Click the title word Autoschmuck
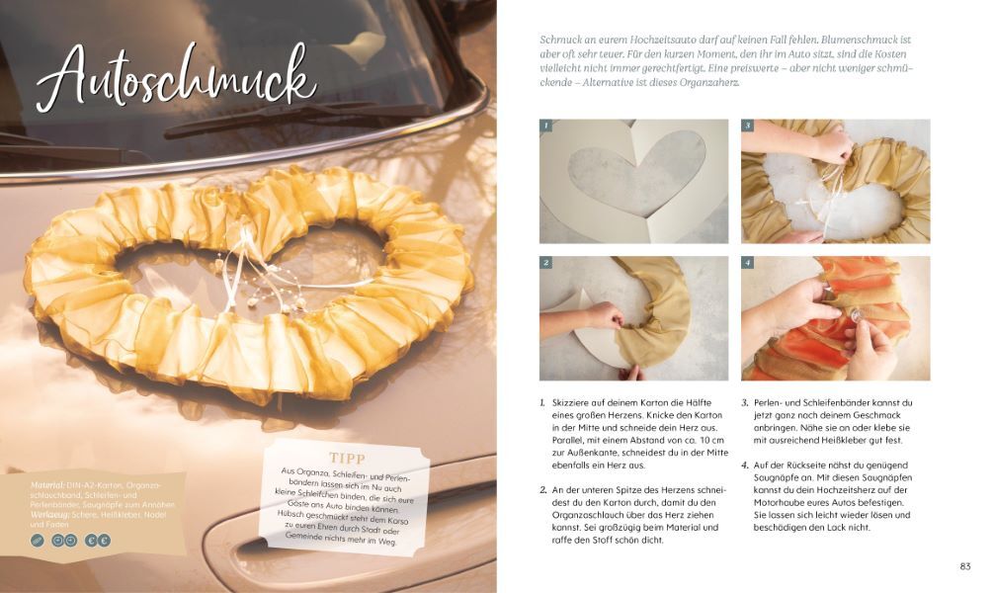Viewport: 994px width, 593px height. (x=176, y=80)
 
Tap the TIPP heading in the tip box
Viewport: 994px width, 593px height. (x=348, y=458)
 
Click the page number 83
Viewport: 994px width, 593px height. (x=964, y=566)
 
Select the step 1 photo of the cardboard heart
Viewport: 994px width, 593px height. (x=633, y=182)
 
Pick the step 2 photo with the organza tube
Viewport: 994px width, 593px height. (x=633, y=318)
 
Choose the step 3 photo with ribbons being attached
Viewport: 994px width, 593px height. (x=836, y=182)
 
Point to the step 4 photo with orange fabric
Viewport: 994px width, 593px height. (x=836, y=318)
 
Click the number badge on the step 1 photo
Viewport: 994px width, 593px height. (x=545, y=126)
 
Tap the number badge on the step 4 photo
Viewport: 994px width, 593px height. (x=748, y=263)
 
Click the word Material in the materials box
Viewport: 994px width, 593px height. (x=46, y=485)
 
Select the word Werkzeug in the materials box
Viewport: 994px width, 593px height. (x=49, y=515)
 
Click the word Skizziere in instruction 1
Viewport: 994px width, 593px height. (x=569, y=402)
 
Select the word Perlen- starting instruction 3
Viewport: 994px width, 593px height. (x=769, y=402)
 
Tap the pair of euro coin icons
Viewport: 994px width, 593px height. (x=98, y=541)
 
